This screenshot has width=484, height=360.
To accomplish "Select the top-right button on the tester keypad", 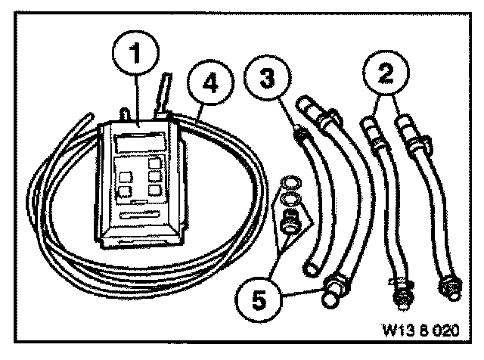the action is [x=154, y=163].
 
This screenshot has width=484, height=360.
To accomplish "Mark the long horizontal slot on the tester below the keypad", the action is [x=144, y=217].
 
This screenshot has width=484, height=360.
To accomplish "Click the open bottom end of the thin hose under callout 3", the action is [x=309, y=268].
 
